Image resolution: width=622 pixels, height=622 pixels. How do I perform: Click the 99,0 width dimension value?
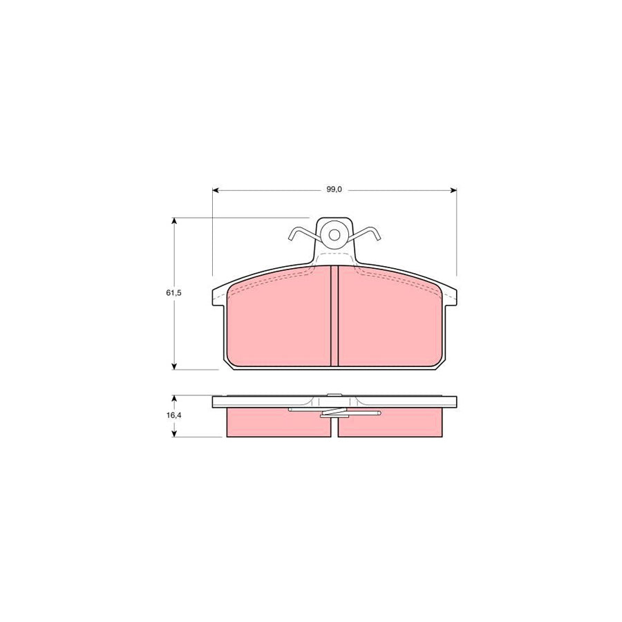(334, 189)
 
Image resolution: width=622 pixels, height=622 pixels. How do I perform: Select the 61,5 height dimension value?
(173, 293)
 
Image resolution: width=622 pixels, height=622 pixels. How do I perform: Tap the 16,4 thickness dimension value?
(173, 416)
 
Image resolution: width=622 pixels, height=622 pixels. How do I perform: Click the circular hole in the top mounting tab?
(334, 234)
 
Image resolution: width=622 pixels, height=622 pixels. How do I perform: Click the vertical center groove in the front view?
(334, 316)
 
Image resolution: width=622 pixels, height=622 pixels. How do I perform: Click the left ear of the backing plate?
(218, 296)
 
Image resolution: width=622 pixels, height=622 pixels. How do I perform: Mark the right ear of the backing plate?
(451, 296)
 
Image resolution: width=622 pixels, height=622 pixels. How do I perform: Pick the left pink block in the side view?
(278, 423)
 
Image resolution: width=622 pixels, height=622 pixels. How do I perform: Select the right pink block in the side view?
(390, 423)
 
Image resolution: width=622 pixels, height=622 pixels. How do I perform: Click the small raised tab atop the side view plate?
(334, 395)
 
